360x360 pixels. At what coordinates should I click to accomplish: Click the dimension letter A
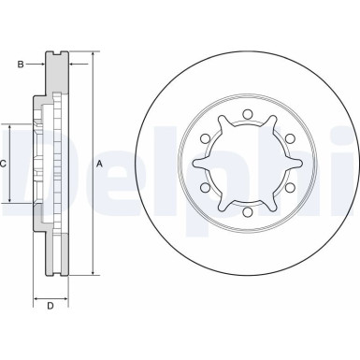[x=99, y=163]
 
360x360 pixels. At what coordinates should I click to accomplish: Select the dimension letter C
[x=5, y=163]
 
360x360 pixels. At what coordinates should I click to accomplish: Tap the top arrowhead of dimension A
[x=93, y=55]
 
